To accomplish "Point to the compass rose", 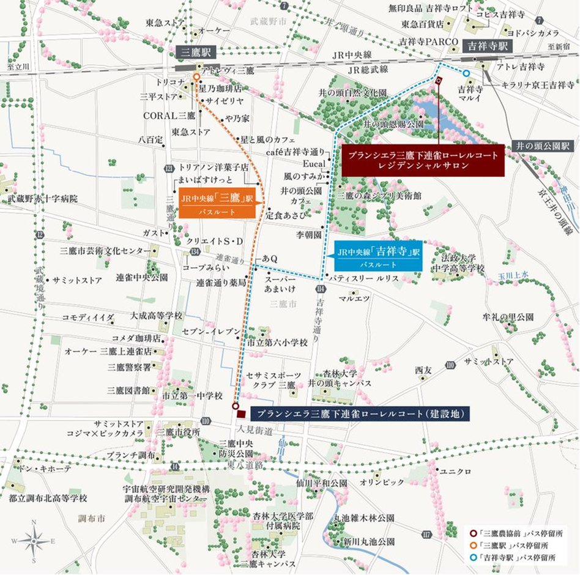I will (34, 540).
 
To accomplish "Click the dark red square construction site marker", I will (241, 414).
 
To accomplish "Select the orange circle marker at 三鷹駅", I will (196, 78).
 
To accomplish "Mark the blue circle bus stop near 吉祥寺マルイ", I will (467, 73).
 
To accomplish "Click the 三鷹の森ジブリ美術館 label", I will (379, 196).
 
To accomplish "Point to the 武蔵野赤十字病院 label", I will (43, 199).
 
